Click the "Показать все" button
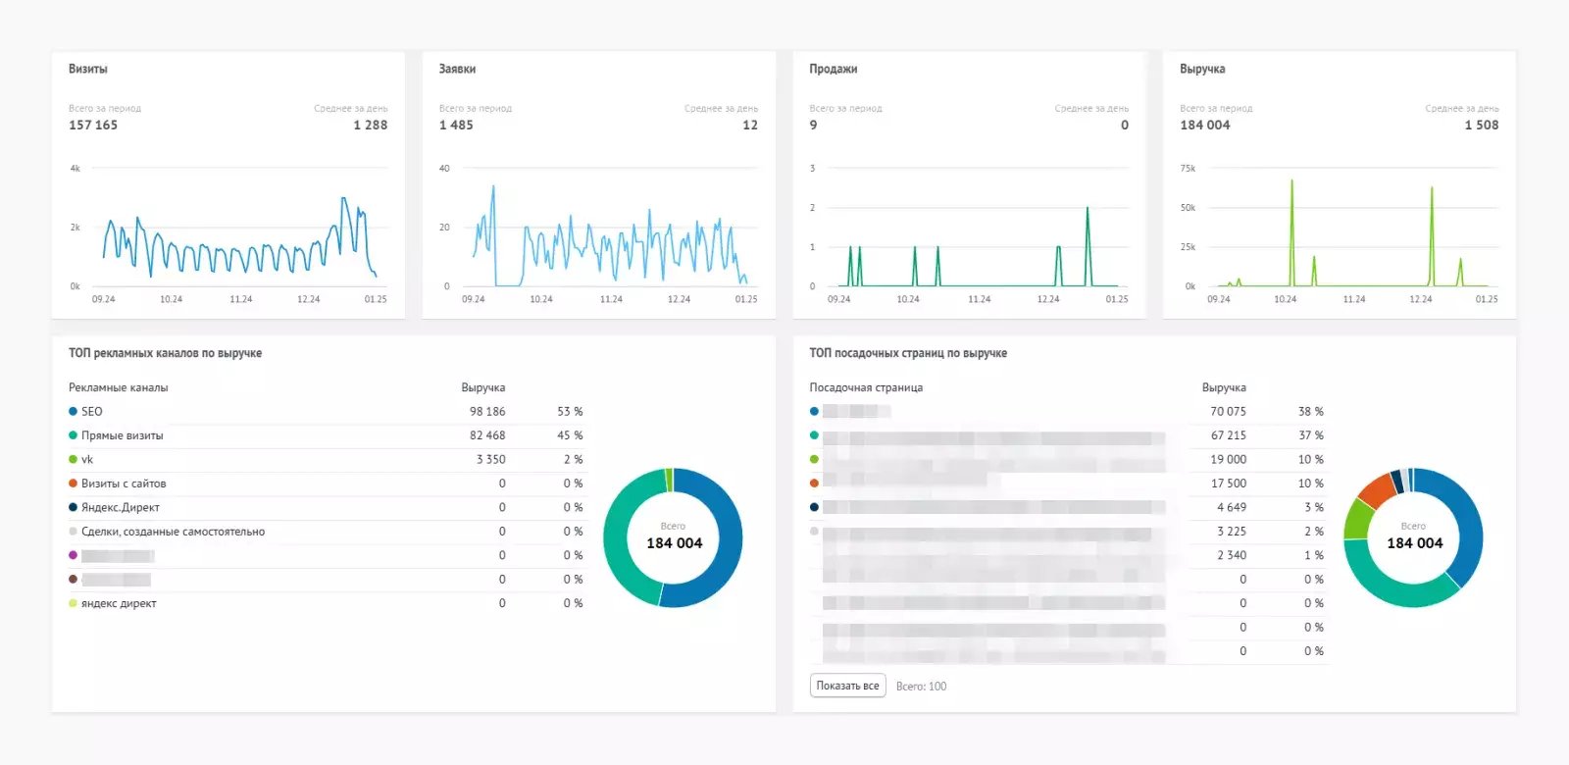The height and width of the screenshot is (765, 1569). pos(847,686)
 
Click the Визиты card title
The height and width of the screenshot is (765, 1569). pos(88,69)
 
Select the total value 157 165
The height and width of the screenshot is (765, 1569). pos(93,125)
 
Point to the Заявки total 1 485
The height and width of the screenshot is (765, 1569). pos(456,125)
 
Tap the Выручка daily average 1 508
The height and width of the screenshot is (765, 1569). pos(1481,125)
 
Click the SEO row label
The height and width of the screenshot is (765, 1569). pos(92,411)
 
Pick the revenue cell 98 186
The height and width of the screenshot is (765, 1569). pos(487,411)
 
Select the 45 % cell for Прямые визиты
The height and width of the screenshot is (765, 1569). pos(570,435)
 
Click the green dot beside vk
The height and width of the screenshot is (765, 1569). pos(73,459)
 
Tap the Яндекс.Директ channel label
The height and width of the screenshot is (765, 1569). pos(121,507)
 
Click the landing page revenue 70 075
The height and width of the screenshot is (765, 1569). pos(1228,411)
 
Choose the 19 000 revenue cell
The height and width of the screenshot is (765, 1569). pos(1228,459)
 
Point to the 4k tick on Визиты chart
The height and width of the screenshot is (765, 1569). pos(76,169)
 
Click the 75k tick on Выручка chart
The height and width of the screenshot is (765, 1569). pos(1188,169)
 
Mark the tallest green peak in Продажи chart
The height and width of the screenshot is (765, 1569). pos(1088,210)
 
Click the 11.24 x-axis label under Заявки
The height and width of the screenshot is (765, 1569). pos(611,299)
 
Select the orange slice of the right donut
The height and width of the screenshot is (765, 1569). pos(1377,488)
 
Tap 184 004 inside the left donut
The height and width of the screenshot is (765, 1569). pos(674,543)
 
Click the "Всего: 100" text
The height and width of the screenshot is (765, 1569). pos(921,687)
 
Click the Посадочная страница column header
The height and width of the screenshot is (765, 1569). pos(866,387)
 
